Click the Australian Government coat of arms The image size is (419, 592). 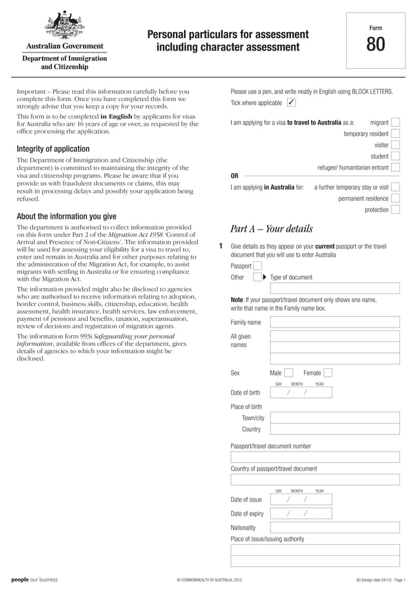[x=64, y=26]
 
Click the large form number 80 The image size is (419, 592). [x=376, y=45]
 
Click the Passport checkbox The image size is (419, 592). [x=257, y=266]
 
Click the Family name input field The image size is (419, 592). [x=335, y=322]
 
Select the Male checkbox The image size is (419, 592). [x=289, y=373]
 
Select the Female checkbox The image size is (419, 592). [x=328, y=373]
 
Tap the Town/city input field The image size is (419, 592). [x=335, y=417]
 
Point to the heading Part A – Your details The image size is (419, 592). [x=272, y=229]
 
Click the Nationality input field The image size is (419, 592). [x=335, y=527]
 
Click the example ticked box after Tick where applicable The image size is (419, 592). [x=292, y=103]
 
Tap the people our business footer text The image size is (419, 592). [x=34, y=580]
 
